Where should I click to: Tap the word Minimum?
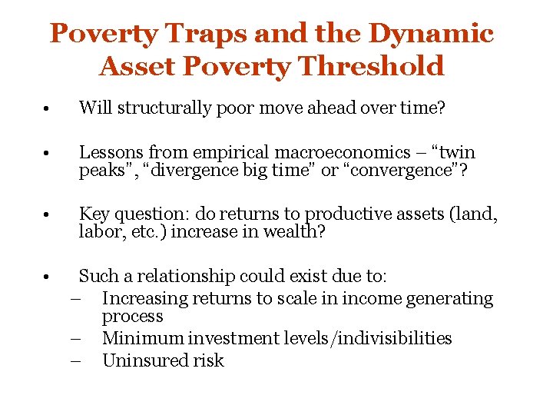[141, 338]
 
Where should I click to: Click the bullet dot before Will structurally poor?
[48, 109]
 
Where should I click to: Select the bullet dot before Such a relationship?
[48, 276]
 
